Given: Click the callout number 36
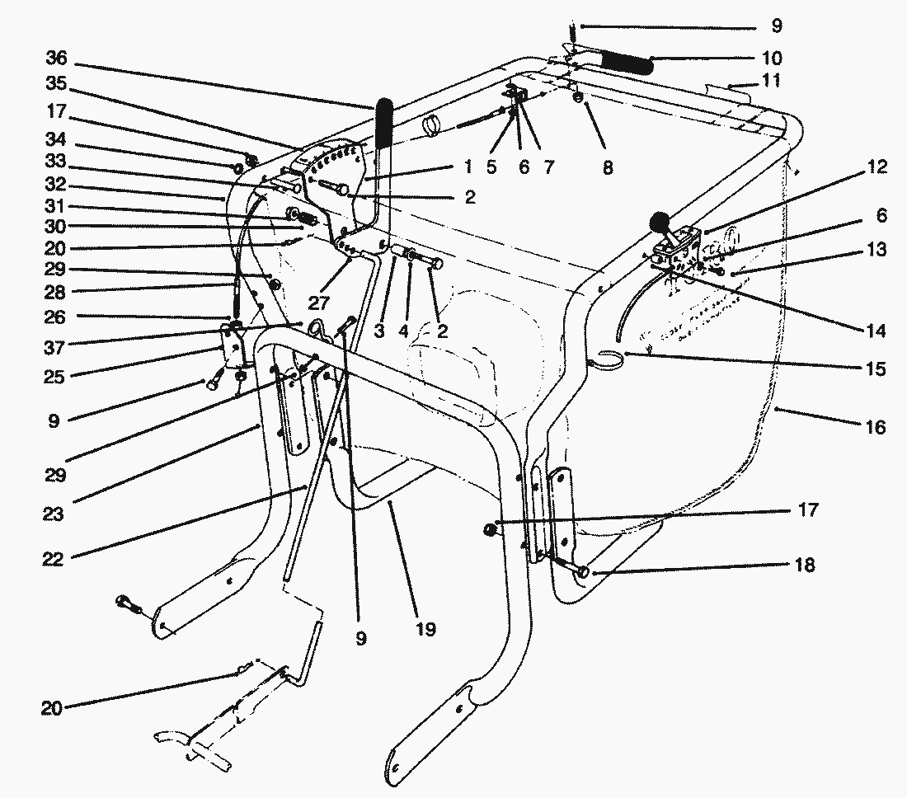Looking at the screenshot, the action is [57, 58].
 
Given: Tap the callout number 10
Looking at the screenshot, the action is [773, 58].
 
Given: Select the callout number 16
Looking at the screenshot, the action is [876, 427].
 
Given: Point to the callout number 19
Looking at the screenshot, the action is [425, 629].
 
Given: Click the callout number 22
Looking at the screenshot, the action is [53, 559].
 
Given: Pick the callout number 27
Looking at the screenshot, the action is [319, 303].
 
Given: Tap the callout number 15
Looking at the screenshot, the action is [876, 369].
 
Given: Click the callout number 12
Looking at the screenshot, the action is [877, 167].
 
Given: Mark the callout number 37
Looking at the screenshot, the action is [54, 348].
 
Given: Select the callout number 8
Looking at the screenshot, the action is [607, 167].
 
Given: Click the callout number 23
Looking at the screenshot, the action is [54, 514].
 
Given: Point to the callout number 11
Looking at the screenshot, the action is [772, 80].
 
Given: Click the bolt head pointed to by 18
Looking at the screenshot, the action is [583, 572].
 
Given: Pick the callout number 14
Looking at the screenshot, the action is [876, 331].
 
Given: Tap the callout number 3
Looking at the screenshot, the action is [379, 331].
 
